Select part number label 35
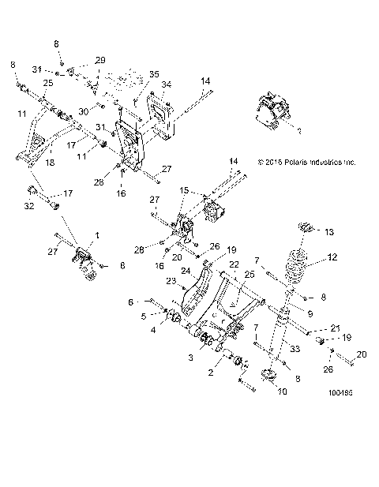pyautogui.click(x=154, y=74)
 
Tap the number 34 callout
pyautogui.click(x=166, y=84)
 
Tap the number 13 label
pyautogui.click(x=329, y=232)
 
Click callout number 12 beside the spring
pyautogui.click(x=332, y=257)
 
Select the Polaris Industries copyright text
pyautogui.click(x=307, y=163)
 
